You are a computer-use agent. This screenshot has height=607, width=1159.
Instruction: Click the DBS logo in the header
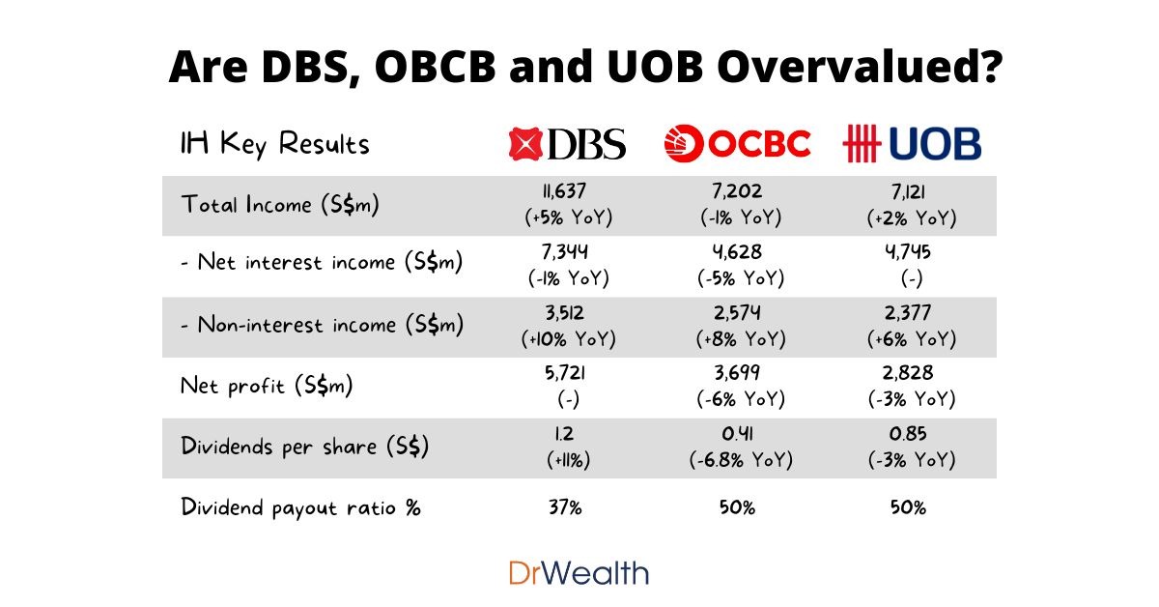click(567, 144)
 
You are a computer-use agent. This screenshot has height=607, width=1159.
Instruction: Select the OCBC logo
click(736, 144)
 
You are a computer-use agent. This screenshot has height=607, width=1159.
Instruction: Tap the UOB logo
click(911, 144)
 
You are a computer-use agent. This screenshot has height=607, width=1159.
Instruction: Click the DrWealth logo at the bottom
click(579, 572)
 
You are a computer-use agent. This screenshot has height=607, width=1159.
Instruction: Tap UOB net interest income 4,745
click(911, 252)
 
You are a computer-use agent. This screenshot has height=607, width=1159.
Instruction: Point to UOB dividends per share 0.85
click(911, 435)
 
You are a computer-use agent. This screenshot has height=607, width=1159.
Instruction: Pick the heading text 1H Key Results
click(275, 144)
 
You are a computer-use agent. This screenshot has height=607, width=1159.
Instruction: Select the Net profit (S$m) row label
click(267, 387)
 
